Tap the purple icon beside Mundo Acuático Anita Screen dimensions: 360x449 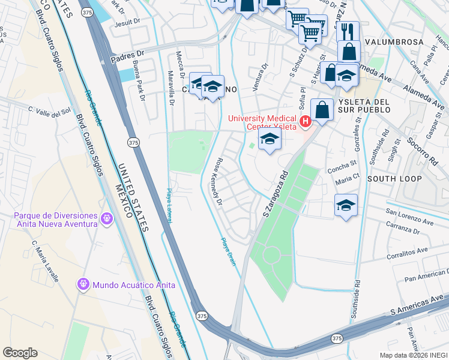tap(83, 284)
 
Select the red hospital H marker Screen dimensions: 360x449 tap(306, 122)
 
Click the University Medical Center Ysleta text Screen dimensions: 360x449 tap(263, 122)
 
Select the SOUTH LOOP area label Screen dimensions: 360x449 tap(394, 179)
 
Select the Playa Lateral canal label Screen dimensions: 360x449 tap(169, 206)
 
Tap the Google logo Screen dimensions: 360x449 tap(20, 353)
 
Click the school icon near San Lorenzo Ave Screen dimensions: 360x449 tap(346, 205)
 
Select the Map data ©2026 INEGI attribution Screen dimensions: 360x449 tap(413, 355)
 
